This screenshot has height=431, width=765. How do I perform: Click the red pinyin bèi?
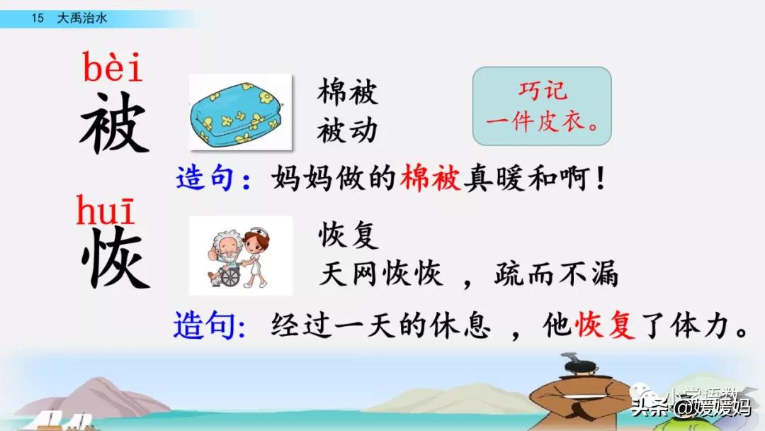tap(112, 67)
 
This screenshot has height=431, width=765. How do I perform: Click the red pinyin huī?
tap(105, 210)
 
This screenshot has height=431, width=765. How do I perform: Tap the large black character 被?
tap(114, 123)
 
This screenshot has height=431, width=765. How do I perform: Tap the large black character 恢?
tap(115, 257)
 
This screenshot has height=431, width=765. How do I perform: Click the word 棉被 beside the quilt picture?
tap(347, 91)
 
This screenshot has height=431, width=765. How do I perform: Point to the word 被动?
tap(347, 131)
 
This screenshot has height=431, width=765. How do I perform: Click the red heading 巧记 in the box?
tap(543, 91)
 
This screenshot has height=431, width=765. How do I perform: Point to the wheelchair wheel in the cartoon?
tap(230, 276)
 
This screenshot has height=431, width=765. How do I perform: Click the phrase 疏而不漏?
tap(556, 274)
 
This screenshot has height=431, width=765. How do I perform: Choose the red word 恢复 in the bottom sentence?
tap(605, 325)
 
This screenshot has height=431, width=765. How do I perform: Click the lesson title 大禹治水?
tap(82, 18)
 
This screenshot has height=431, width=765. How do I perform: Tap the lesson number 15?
tap(38, 18)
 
